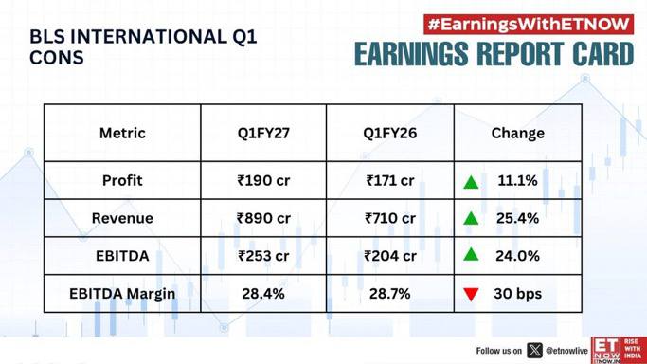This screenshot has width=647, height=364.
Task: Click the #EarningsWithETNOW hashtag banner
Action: tap(529, 25)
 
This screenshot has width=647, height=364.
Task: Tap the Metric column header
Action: tap(122, 133)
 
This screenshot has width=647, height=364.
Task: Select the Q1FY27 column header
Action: tap(263, 133)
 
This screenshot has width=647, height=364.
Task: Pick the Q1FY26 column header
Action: tap(390, 133)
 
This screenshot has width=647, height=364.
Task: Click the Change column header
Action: tap(518, 133)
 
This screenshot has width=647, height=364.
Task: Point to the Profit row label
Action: tap(122, 180)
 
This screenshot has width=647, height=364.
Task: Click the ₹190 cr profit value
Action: tap(263, 180)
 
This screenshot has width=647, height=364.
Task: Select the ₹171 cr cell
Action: tap(390, 180)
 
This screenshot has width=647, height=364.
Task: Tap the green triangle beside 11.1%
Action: tap(471, 182)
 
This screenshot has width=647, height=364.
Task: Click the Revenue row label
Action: tap(122, 218)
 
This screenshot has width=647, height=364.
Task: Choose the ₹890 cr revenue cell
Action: tap(263, 218)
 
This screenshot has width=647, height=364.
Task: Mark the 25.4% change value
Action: tap(518, 218)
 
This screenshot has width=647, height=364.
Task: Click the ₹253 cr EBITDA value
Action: tap(263, 256)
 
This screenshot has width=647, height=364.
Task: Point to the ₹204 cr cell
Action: tap(390, 256)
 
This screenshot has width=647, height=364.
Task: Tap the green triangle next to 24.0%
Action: tap(471, 254)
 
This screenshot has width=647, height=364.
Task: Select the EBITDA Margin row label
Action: tap(122, 294)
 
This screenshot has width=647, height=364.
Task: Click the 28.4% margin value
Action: tap(263, 294)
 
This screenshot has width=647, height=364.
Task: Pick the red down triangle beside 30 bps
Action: tap(471, 294)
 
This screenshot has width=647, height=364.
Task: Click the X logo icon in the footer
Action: tap(534, 351)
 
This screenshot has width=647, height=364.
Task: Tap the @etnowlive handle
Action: tap(566, 351)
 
